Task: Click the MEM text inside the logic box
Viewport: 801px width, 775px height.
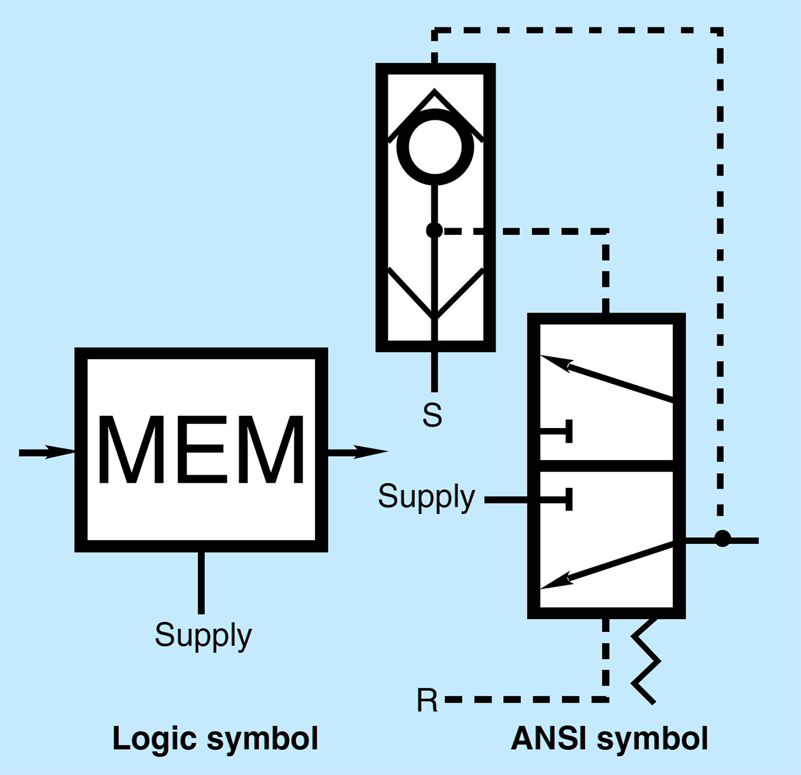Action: click(x=201, y=450)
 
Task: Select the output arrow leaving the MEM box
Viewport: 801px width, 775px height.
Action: click(x=358, y=452)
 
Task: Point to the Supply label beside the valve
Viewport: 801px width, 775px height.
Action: click(x=426, y=496)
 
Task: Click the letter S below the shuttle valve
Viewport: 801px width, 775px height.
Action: click(x=432, y=415)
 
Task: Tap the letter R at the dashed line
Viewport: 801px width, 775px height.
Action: click(x=427, y=700)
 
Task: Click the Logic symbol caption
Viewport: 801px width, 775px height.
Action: click(x=215, y=739)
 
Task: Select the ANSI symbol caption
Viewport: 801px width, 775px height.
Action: click(x=609, y=739)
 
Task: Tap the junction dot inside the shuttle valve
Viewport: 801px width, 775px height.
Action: click(x=434, y=230)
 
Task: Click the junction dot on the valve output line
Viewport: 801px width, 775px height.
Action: click(x=722, y=538)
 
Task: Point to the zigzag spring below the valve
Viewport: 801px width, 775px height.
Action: click(x=646, y=661)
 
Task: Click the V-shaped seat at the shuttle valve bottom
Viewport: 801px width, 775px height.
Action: click(x=435, y=294)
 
